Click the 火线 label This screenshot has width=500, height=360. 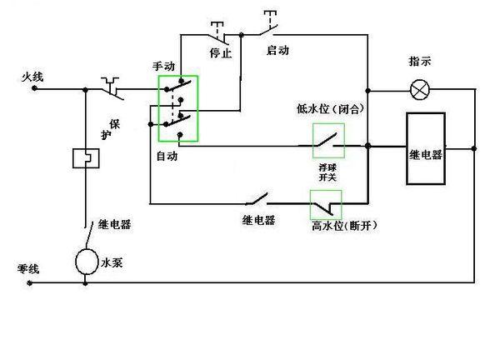tap(32, 77)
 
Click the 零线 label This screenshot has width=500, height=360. tap(28, 268)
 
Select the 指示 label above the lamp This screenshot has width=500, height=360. tap(420, 62)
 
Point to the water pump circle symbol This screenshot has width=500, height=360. tap(86, 262)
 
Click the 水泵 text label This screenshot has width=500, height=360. tap(112, 262)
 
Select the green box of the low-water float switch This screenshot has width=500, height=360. tap(327, 141)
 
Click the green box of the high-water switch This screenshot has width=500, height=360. tap(325, 202)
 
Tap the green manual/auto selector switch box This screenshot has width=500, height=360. tap(178, 108)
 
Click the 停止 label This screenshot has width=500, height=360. tap(221, 52)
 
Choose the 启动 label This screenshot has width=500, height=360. tap(277, 50)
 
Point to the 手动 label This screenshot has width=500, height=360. tap(163, 65)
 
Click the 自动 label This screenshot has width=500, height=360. tap(166, 156)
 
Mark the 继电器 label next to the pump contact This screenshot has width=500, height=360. tap(114, 224)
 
